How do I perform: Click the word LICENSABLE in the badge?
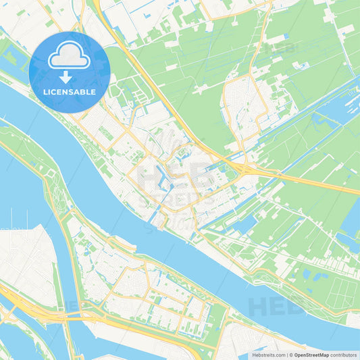[x=70, y=92]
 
